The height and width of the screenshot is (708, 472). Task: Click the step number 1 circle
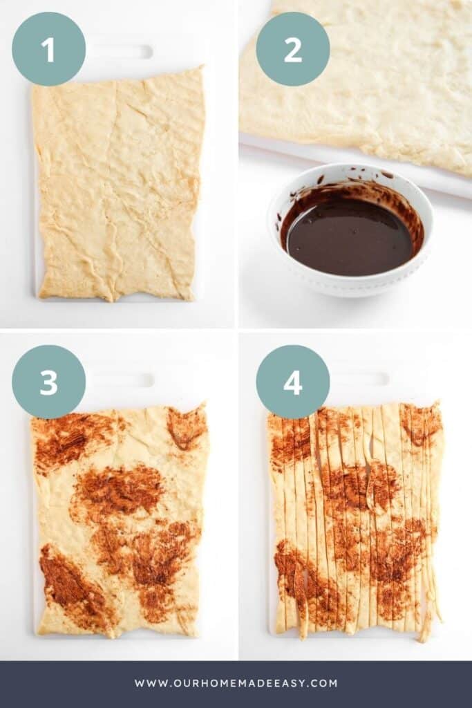tap(48, 49)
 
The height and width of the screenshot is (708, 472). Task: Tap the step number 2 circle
tap(292, 49)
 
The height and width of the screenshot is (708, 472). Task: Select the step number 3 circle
tap(48, 382)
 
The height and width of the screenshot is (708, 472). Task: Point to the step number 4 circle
tap(292, 382)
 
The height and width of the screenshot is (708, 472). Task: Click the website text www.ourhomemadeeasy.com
tap(236, 683)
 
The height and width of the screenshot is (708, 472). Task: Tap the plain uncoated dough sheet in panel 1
tap(117, 187)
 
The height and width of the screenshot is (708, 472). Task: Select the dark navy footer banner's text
tap(236, 683)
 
